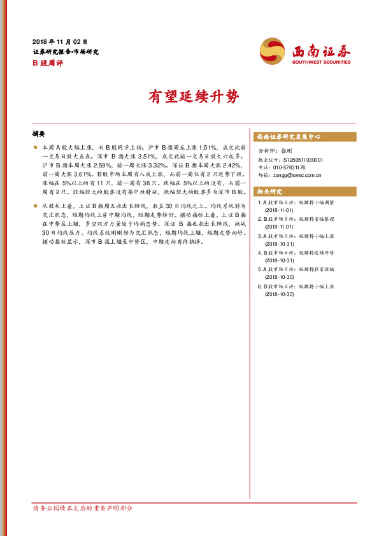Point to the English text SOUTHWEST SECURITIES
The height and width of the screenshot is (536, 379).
pos(322,62)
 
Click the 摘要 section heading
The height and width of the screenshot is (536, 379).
pos(39,134)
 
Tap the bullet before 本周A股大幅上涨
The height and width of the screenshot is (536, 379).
pos(35,147)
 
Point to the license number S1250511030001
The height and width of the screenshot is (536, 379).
pos(303,160)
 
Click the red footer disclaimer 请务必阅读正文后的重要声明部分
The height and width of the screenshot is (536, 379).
pos(83,508)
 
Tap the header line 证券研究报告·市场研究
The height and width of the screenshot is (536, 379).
pos(65,52)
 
